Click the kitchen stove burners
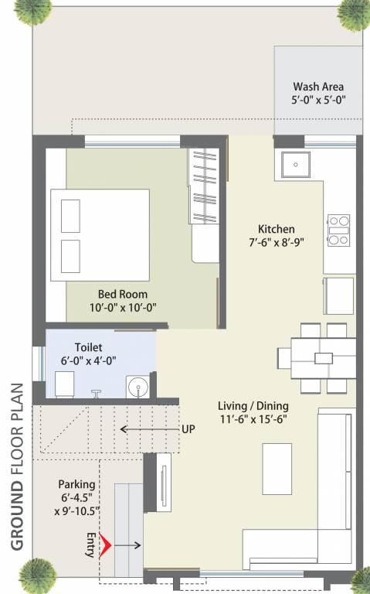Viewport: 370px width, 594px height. tap(338, 230)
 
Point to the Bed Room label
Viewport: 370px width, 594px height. tap(122, 294)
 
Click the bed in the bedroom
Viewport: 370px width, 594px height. tap(100, 234)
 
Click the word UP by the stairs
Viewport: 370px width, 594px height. tap(188, 428)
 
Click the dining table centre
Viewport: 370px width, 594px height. tap(323, 358)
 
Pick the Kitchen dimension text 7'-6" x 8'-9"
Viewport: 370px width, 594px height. tap(276, 241)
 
